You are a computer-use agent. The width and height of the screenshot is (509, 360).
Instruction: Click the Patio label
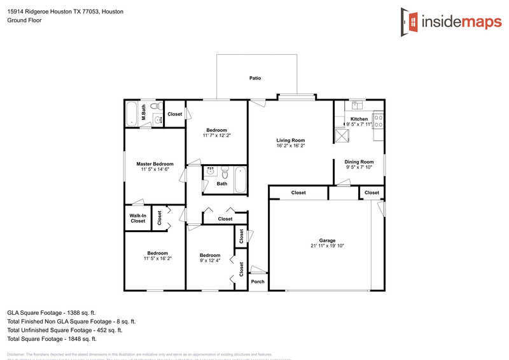coord(255,78)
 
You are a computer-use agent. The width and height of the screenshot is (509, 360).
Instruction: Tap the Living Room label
coord(290,140)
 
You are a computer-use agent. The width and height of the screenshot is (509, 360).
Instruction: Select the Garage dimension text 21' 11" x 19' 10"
coord(327,246)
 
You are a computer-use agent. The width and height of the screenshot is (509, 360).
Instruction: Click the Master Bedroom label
coord(155,164)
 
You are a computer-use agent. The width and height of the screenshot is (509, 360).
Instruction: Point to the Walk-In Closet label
coord(137,218)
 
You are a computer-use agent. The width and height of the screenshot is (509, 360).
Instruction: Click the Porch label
coord(258,282)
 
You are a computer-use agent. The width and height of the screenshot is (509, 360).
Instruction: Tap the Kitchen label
coord(359,119)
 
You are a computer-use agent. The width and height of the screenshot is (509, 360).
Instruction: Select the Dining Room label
coord(359,162)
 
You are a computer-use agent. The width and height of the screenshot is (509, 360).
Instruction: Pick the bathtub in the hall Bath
coord(240,179)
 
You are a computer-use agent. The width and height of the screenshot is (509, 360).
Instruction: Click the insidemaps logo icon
coord(410,22)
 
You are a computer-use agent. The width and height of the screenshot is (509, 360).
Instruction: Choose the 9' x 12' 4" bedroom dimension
coord(210,260)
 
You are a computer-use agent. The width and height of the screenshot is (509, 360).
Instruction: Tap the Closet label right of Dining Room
coord(372,193)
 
